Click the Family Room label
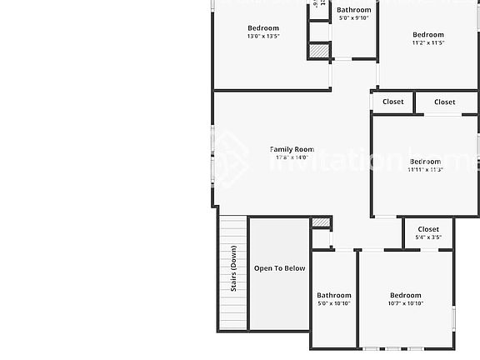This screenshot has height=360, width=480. pyautogui.click(x=292, y=149)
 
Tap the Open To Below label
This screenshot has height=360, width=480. pyautogui.click(x=279, y=268)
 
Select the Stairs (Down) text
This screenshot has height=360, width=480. pyautogui.click(x=235, y=269)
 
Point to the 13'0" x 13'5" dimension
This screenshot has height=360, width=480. pyautogui.click(x=262, y=37)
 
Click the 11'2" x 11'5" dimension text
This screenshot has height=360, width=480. pyautogui.click(x=428, y=43)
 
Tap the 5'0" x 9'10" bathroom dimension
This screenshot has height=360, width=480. pyautogui.click(x=353, y=18)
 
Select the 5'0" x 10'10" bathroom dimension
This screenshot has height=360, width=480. pyautogui.click(x=333, y=303)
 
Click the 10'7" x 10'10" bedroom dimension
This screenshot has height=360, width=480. pyautogui.click(x=406, y=303)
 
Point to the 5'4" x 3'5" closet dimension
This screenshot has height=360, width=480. pyautogui.click(x=428, y=237)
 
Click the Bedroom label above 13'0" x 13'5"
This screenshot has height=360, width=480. pyautogui.click(x=262, y=28)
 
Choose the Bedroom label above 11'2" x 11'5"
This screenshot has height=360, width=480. pyautogui.click(x=428, y=35)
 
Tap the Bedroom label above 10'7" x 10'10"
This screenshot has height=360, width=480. pyautogui.click(x=406, y=295)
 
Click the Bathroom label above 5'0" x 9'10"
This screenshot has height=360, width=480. pyautogui.click(x=353, y=10)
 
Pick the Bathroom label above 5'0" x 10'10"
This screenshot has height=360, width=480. pyautogui.click(x=333, y=295)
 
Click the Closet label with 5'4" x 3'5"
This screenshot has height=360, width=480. pyautogui.click(x=428, y=229)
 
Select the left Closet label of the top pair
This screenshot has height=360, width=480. pyautogui.click(x=393, y=102)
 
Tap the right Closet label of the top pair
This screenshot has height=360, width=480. pyautogui.click(x=445, y=102)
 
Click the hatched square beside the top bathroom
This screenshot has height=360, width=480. pyautogui.click(x=319, y=51)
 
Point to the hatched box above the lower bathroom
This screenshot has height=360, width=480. pyautogui.click(x=321, y=222)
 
